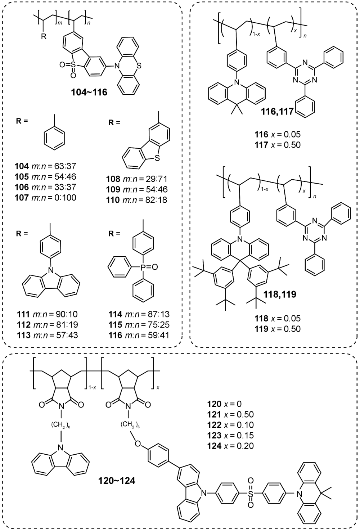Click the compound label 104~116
click(x=89, y=92)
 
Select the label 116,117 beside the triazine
click(x=277, y=111)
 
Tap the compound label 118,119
click(x=280, y=294)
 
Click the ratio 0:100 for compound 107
click(x=65, y=198)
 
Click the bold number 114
click(x=116, y=314)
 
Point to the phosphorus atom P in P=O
click(x=143, y=267)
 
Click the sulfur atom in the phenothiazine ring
click(x=139, y=66)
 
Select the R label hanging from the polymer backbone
click(x=44, y=37)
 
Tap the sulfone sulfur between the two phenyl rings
click(x=251, y=494)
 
